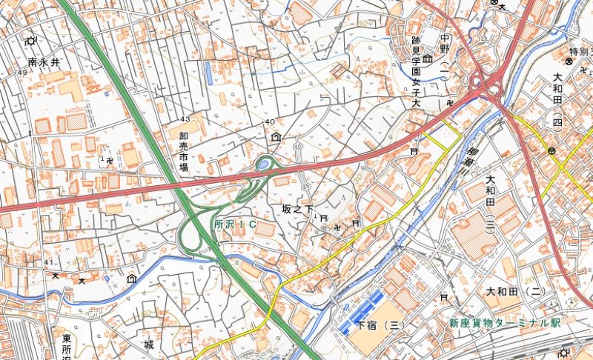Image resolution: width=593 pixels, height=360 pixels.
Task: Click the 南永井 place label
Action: pos(43,63)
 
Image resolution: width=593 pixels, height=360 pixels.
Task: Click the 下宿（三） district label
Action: pos(379,325)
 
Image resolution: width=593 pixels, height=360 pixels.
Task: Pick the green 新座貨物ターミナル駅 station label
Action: pos(505,324)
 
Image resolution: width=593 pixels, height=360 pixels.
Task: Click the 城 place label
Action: pos(149,344)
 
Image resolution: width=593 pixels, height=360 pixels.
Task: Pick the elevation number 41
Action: pos(49,262)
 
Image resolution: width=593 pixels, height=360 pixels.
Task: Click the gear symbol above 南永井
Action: pos(31,41)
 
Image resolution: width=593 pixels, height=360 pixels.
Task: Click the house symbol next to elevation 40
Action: pos(276,136)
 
